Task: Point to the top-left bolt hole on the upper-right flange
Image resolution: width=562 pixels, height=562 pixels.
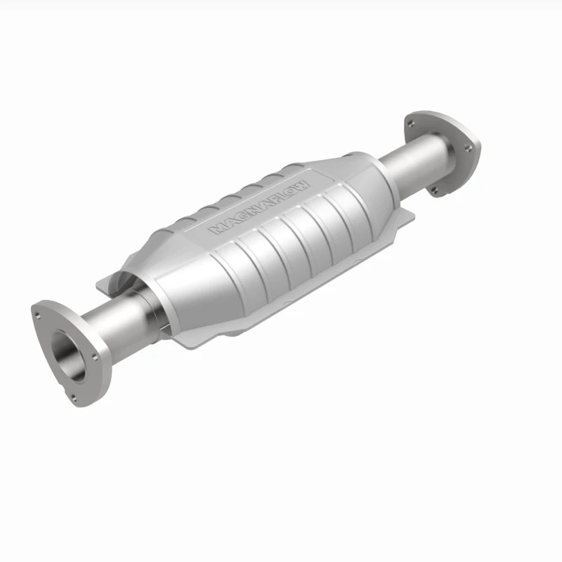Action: point(409,123)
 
